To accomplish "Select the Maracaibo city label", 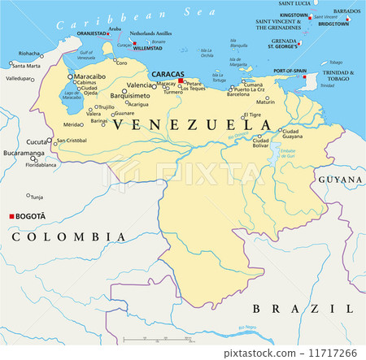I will [x=89, y=76].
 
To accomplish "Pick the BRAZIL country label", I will [x=302, y=308].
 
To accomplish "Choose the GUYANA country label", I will [x=340, y=179].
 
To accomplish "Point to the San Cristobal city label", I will [x=73, y=141].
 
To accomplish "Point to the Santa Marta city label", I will [x=27, y=66].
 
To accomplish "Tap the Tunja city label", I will [x=37, y=196].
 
